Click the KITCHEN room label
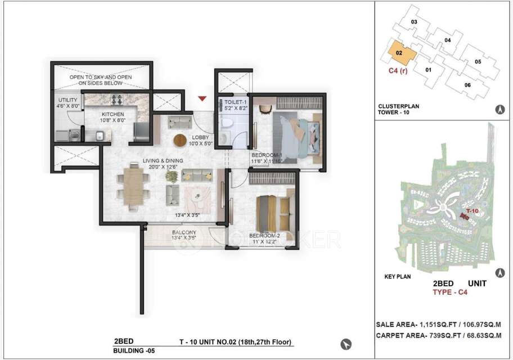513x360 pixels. tap(97, 113)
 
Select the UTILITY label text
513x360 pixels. tap(67, 100)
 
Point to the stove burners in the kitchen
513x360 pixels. tap(118, 101)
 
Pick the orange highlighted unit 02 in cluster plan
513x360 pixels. tap(400, 53)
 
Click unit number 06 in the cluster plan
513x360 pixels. tap(467, 85)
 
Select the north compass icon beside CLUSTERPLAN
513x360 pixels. tap(498, 110)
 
